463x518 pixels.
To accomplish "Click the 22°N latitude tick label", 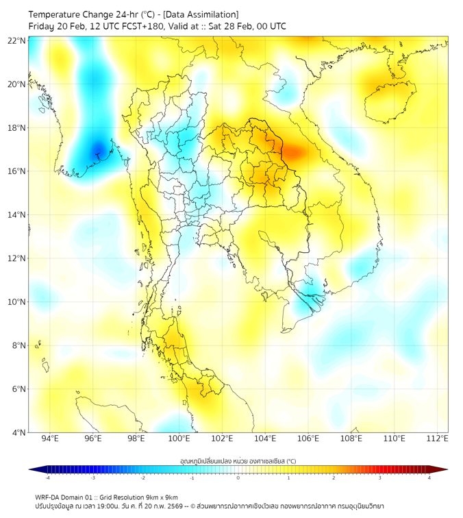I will [17, 41].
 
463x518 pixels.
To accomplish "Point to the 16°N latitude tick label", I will [17, 171].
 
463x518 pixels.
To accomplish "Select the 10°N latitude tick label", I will [17, 302].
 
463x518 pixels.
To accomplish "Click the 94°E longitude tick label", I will [50, 439].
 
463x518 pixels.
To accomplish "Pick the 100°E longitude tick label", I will [179, 439].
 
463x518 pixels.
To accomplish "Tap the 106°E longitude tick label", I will [308, 439].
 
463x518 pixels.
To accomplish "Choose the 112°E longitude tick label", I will [437, 439].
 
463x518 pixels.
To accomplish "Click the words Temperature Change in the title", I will [73, 14].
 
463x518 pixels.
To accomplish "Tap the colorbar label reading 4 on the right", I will [429, 478].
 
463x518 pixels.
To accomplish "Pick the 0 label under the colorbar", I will [238, 478].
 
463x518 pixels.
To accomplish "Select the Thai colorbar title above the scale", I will [238, 460].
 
